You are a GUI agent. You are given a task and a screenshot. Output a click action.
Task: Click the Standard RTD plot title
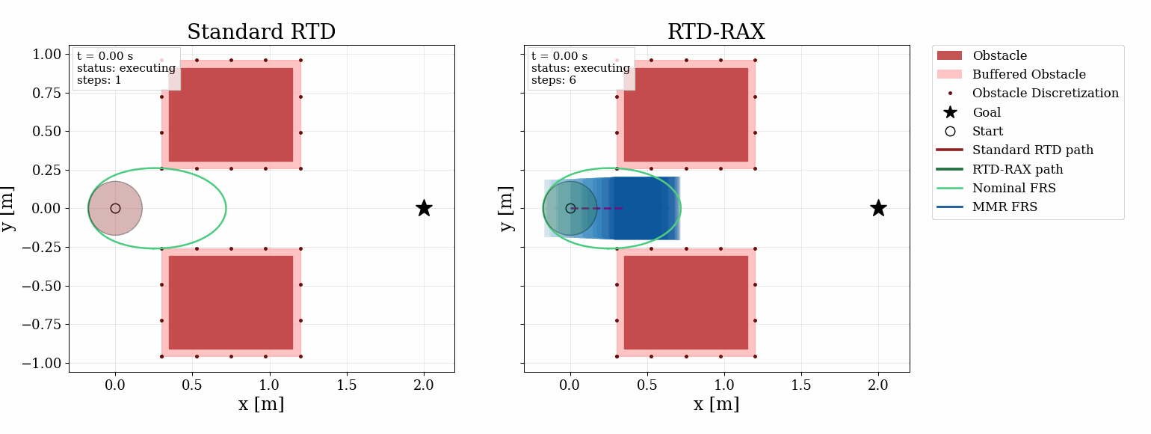pos(261,32)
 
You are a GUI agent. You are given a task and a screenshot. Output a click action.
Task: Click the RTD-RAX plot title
pos(716,32)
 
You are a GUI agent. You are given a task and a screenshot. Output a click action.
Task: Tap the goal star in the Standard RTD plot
pos(424,208)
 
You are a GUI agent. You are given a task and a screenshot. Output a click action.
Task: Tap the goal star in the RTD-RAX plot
pos(878,208)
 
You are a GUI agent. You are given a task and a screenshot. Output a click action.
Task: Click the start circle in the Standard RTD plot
pos(115,208)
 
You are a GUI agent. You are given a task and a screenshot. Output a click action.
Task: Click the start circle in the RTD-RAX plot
pos(570,208)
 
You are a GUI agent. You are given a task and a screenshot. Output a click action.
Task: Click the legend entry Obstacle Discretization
pos(1045,94)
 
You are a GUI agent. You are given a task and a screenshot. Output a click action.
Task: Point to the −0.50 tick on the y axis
pos(43,286)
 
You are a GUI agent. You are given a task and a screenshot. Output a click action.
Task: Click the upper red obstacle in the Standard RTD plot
pos(231,114)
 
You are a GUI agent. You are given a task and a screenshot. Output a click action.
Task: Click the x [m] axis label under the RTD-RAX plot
pos(716,405)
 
